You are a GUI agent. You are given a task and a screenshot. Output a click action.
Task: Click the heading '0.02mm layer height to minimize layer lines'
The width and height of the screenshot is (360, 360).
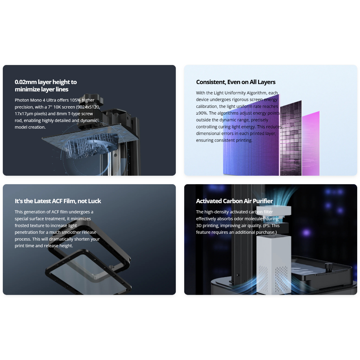pos(46,85)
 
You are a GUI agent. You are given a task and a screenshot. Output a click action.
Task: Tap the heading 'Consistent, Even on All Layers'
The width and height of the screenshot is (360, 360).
pos(236,82)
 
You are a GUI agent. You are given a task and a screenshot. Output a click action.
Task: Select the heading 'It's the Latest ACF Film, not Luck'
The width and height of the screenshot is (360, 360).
pos(58,201)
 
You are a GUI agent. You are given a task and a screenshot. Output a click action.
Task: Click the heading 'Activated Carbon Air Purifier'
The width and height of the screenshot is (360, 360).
pos(234,201)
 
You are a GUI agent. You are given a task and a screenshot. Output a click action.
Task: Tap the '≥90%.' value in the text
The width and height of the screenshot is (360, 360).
pos(201,113)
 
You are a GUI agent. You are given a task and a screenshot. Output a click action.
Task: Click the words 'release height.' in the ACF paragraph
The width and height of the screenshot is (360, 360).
pos(58,246)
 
